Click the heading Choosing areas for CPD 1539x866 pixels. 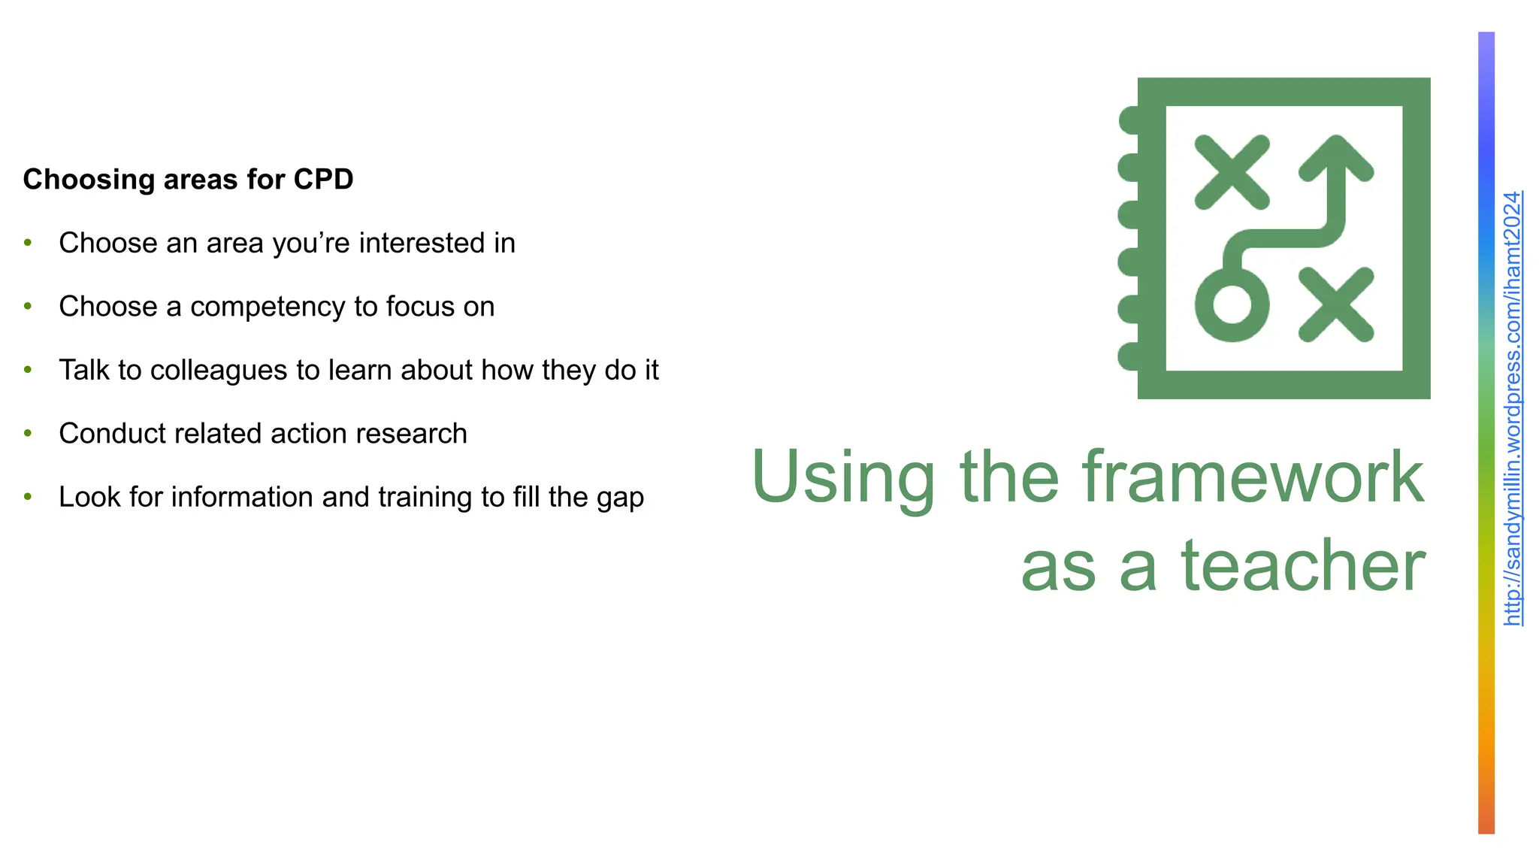tap(188, 180)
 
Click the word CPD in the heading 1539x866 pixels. tap(323, 180)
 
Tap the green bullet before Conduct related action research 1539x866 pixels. tap(28, 434)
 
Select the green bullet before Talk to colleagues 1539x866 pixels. tap(28, 370)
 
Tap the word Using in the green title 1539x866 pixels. tap(843, 478)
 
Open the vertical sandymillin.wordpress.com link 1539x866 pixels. tap(1512, 408)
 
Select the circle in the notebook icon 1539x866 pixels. tap(1232, 304)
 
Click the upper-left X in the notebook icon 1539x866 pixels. tap(1232, 172)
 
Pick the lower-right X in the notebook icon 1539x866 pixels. tap(1336, 304)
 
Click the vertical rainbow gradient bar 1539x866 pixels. tap(1486, 432)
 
